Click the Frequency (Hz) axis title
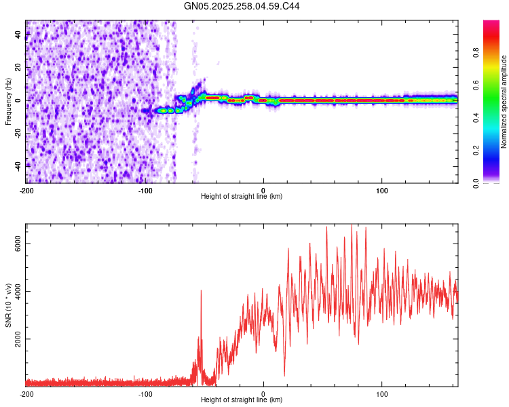(x=8, y=102)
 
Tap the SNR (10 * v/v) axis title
(x=8, y=305)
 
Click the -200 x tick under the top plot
(x=26, y=190)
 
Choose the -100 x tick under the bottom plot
(x=145, y=393)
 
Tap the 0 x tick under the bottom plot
(x=263, y=393)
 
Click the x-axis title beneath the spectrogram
(x=242, y=197)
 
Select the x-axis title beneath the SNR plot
(x=242, y=400)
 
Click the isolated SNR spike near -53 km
(x=201, y=292)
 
